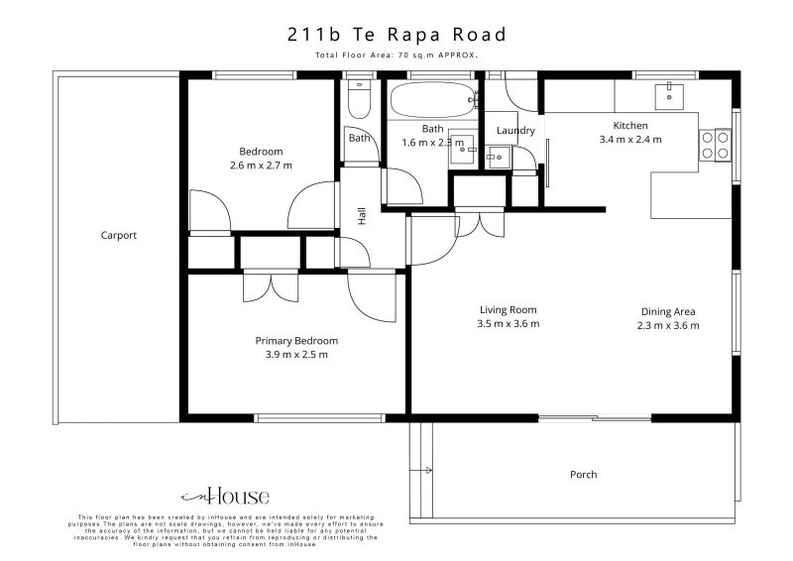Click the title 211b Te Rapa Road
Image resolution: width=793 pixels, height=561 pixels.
pyautogui.click(x=396, y=35)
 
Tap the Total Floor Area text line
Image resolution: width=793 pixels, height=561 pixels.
pyautogui.click(x=396, y=56)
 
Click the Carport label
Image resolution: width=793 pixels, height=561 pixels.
pyautogui.click(x=119, y=236)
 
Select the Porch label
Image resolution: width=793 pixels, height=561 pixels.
pyautogui.click(x=584, y=475)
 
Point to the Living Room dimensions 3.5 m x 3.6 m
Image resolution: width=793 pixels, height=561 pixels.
pyautogui.click(x=509, y=324)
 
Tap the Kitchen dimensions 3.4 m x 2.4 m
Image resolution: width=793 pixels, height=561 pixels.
pyautogui.click(x=630, y=140)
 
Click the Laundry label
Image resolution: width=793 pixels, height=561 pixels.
pyautogui.click(x=515, y=131)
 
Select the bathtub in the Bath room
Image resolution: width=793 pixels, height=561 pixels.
pyautogui.click(x=432, y=99)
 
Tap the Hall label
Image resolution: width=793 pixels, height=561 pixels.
pyautogui.click(x=362, y=216)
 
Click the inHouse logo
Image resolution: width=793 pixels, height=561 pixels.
pyautogui.click(x=225, y=497)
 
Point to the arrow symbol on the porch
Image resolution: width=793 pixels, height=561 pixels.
pyautogui.click(x=426, y=470)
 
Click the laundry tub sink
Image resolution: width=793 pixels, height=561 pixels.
pyautogui.click(x=498, y=156)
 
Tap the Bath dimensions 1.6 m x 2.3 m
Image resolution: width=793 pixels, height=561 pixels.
pyautogui.click(x=433, y=143)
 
